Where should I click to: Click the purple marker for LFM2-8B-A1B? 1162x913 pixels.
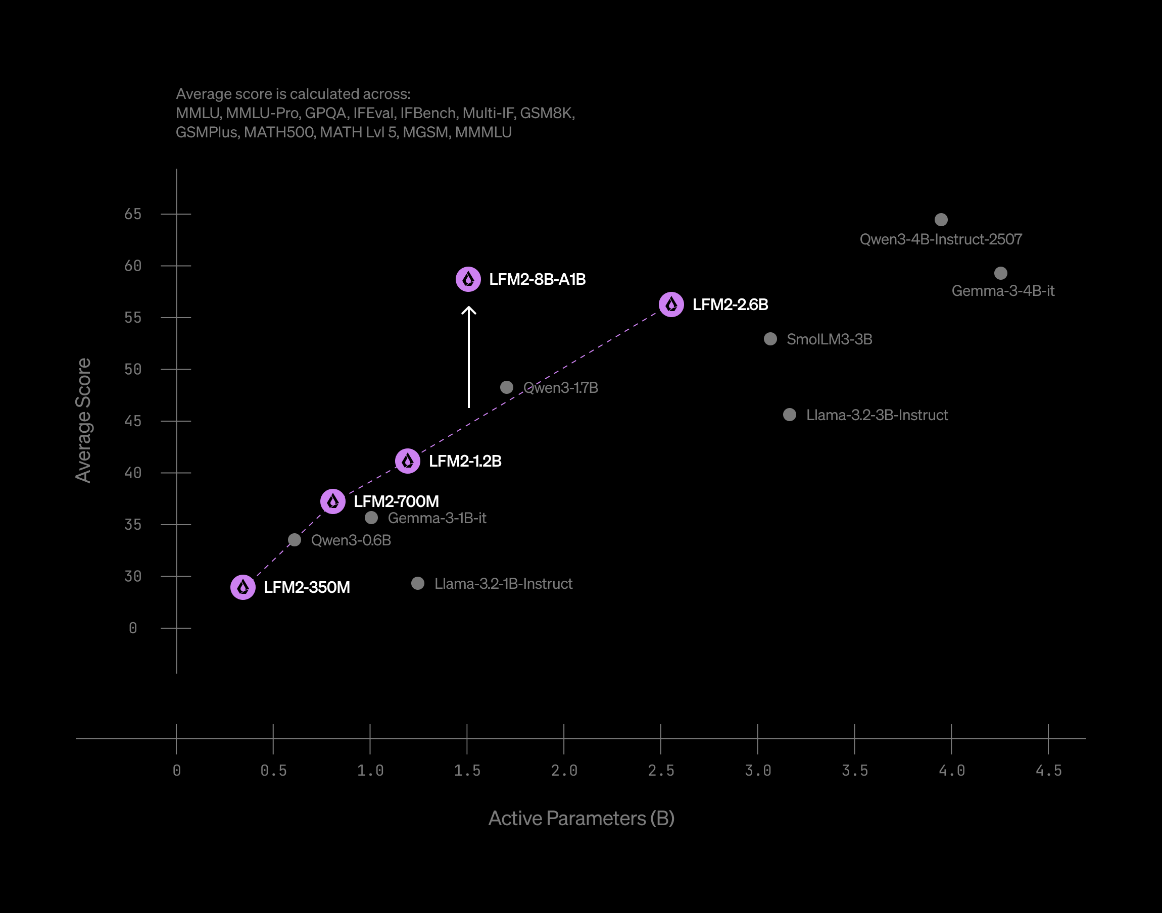[x=468, y=279]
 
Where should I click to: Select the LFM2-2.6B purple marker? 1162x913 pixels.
[x=671, y=305]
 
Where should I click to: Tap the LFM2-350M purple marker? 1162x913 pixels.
[x=243, y=587]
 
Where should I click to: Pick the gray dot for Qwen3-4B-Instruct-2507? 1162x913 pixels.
[x=941, y=220]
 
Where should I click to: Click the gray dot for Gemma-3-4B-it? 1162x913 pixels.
[x=1000, y=273]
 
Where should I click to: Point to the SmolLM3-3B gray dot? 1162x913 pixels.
[x=770, y=339]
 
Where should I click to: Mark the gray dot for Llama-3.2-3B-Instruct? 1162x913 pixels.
[x=789, y=415]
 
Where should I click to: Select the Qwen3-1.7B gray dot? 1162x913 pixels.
[x=506, y=387]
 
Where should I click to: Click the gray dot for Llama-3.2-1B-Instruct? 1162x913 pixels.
[x=418, y=583]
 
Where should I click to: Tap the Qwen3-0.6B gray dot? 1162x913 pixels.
[x=294, y=540]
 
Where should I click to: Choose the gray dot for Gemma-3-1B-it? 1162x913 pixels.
[x=371, y=518]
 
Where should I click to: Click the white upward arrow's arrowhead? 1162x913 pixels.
[x=469, y=310]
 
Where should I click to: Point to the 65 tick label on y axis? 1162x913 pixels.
[x=132, y=214]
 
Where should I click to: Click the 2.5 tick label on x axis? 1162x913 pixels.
[x=661, y=770]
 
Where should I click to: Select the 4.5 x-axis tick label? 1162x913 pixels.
[x=1048, y=770]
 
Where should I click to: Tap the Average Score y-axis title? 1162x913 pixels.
[x=83, y=420]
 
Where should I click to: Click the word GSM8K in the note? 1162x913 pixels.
[x=547, y=113]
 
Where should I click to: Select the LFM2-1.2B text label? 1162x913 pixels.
[x=465, y=462]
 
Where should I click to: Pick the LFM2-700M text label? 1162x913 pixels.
[x=396, y=501]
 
